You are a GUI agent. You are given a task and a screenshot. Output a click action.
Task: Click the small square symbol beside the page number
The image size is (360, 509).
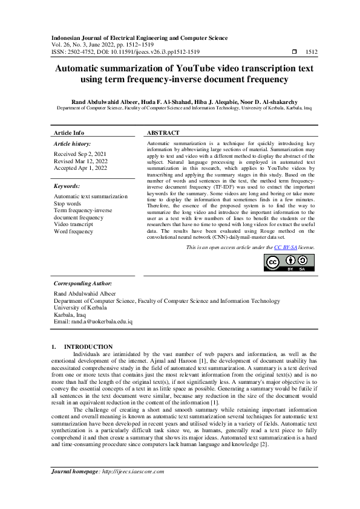pyautogui.click(x=294, y=53)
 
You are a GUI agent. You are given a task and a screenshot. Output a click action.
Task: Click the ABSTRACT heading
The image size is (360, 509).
pyautogui.click(x=163, y=132)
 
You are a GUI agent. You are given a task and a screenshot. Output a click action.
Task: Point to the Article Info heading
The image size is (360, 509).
pyautogui.click(x=69, y=132)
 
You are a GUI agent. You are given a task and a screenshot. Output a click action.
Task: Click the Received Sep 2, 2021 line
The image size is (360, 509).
pyautogui.click(x=79, y=154)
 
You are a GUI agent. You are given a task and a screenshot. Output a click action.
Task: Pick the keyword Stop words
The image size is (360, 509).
pyautogui.click(x=67, y=204)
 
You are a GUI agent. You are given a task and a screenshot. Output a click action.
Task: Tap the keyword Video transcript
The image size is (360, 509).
pyautogui.click(x=74, y=224)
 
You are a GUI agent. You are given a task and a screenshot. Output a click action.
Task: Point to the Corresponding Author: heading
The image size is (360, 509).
pyautogui.click(x=82, y=283)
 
